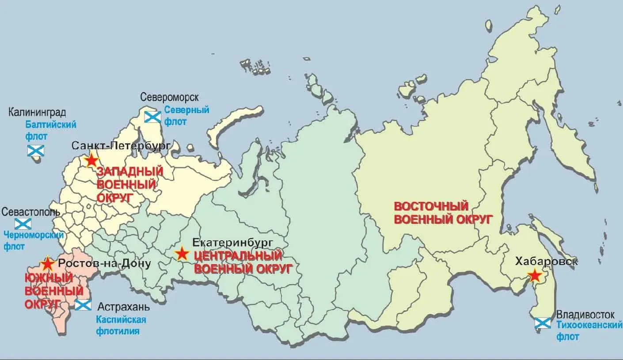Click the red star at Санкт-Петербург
91,160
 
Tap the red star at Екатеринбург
181,254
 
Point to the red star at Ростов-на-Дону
47,264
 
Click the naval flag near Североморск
153,117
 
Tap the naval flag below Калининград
36,151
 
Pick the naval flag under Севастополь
23,224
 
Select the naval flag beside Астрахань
83,304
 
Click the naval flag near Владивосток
542,323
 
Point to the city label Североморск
169,97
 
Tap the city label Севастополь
31,212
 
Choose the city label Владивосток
585,315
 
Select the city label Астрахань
124,307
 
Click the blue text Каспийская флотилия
121,325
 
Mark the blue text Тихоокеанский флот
586,330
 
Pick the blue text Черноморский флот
33,240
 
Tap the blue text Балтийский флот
51,130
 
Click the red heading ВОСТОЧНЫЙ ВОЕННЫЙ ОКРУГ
443,213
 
